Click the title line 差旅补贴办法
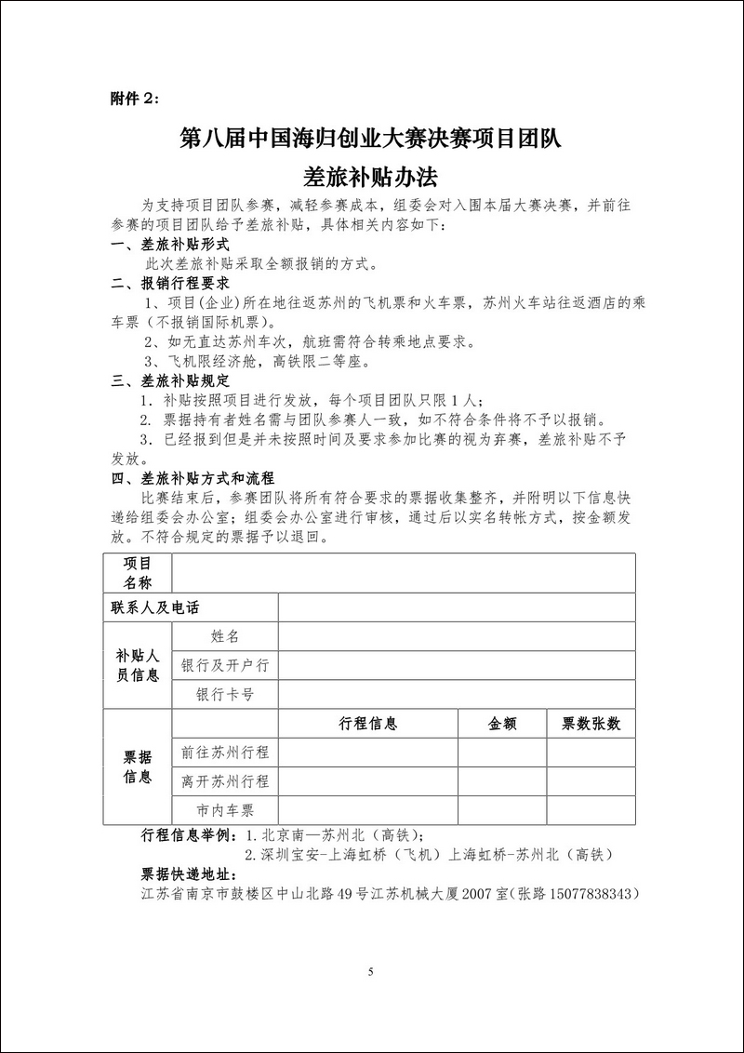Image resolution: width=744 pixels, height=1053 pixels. pyautogui.click(x=370, y=176)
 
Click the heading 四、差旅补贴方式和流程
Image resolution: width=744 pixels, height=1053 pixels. pyautogui.click(x=193, y=478)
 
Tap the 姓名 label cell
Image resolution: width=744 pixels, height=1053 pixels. pyautogui.click(x=225, y=636)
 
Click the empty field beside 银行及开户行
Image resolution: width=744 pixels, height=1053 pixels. pyautogui.click(x=456, y=665)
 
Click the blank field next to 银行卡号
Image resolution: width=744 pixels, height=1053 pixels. pyautogui.click(x=456, y=694)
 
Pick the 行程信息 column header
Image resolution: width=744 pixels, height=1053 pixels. pyautogui.click(x=368, y=724)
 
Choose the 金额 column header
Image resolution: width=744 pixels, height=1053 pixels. pyautogui.click(x=502, y=724)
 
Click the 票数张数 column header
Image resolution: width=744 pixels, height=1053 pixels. pyautogui.click(x=591, y=724)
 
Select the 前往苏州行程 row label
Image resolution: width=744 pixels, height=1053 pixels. pyautogui.click(x=225, y=753)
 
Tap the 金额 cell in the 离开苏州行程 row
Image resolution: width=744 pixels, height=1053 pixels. pyautogui.click(x=502, y=781)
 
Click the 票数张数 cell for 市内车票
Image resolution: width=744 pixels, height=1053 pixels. pyautogui.click(x=591, y=810)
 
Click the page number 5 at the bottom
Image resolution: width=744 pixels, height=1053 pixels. pyautogui.click(x=370, y=973)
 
